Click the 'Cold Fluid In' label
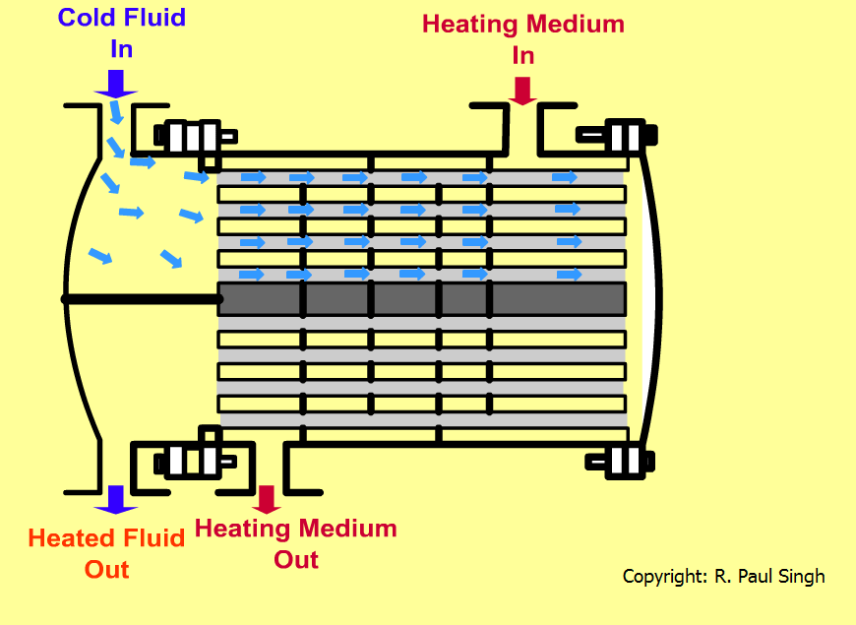coord(122,31)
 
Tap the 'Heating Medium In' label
coord(522,37)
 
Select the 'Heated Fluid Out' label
coord(106,553)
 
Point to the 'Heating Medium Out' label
coord(295,543)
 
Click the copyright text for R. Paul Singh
coord(723,576)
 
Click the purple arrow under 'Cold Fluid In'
coord(116,83)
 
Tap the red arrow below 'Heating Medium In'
coord(522,90)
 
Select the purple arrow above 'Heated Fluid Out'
coord(116,499)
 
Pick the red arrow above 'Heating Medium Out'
coord(267,499)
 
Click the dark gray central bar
coord(421,298)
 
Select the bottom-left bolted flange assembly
coord(193,459)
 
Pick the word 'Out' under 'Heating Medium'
coord(295,559)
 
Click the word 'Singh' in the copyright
coord(799,576)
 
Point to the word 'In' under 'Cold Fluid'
coord(122,47)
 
